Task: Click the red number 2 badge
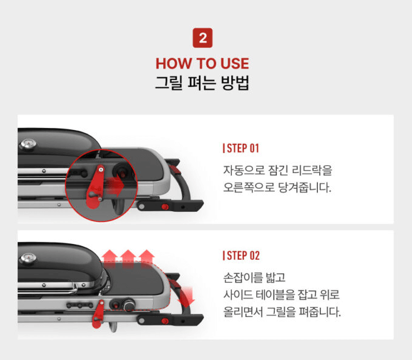click(x=203, y=38)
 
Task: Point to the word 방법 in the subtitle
click(x=235, y=83)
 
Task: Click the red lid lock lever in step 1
click(x=95, y=187)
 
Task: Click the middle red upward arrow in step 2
click(x=128, y=256)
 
